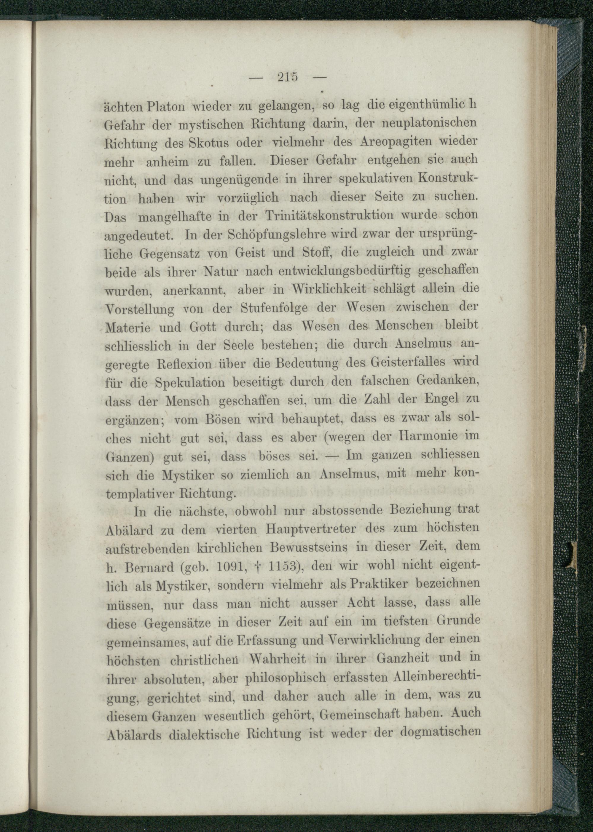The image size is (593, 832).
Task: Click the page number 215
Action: coord(288,77)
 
